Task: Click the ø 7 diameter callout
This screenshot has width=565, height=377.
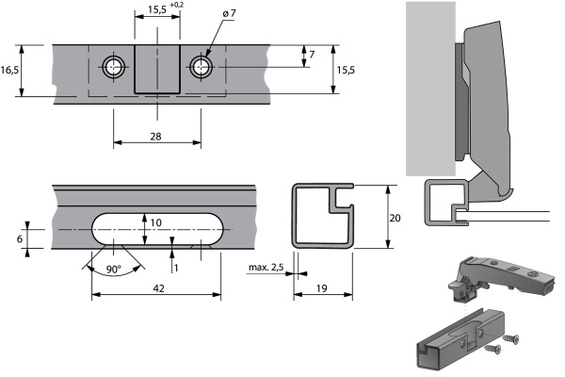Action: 229,13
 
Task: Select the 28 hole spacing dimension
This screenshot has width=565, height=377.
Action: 155,137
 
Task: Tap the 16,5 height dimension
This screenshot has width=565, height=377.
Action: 9,70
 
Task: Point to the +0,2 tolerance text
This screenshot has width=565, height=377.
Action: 177,5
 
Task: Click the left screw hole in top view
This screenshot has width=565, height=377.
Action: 114,67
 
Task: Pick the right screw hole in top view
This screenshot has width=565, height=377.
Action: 202,67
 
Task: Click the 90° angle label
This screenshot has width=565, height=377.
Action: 113,270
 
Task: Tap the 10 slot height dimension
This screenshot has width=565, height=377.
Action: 155,222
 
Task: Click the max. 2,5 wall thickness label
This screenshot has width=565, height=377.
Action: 266,268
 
